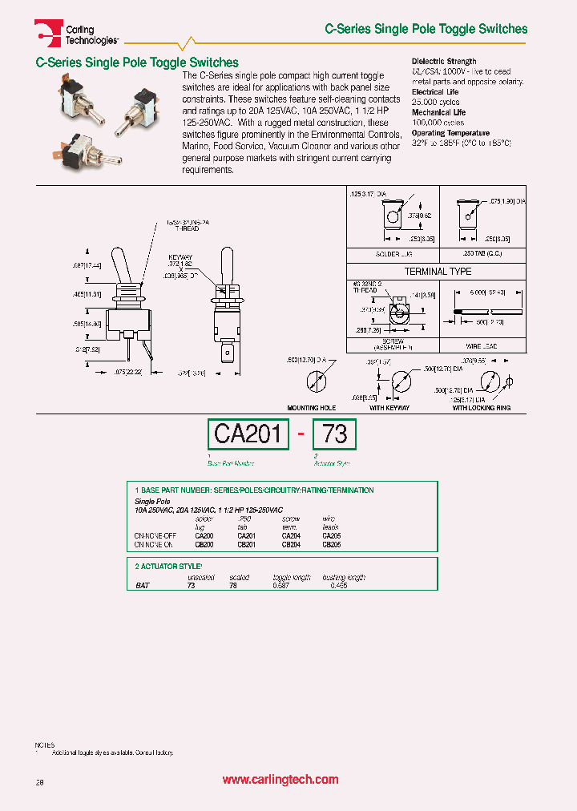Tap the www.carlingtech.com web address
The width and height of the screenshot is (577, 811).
(x=280, y=780)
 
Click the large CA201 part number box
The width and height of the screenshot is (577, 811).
(x=248, y=434)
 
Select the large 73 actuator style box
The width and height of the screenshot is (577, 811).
(x=334, y=434)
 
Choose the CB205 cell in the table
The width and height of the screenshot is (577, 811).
(x=332, y=544)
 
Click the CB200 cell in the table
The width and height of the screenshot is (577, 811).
(x=204, y=544)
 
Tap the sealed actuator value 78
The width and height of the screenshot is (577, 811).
(x=233, y=585)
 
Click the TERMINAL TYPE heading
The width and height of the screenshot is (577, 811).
(x=438, y=272)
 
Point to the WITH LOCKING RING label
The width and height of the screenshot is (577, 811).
(x=482, y=408)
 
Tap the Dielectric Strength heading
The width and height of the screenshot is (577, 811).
(x=444, y=61)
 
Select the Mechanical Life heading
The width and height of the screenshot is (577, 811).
(x=438, y=112)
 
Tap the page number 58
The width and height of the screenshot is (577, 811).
(x=39, y=781)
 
